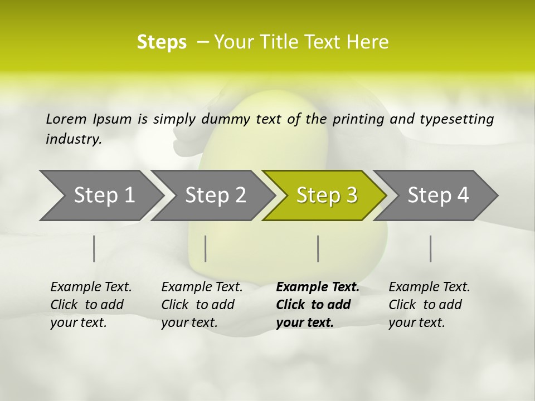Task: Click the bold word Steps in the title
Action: (x=162, y=42)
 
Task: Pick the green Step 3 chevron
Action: (x=327, y=195)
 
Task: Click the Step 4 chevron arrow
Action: (x=438, y=195)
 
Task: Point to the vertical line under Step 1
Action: (x=94, y=248)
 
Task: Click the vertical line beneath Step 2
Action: (x=206, y=248)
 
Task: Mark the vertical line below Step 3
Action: (x=318, y=248)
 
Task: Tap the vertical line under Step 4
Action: (x=431, y=248)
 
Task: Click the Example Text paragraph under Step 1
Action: (x=91, y=305)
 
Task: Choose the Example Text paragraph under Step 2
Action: (x=202, y=305)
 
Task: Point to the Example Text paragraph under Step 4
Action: (x=429, y=305)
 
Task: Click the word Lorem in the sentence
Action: (x=66, y=119)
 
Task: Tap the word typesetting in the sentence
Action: (x=462, y=119)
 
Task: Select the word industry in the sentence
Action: (x=73, y=139)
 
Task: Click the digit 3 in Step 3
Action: (x=351, y=195)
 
